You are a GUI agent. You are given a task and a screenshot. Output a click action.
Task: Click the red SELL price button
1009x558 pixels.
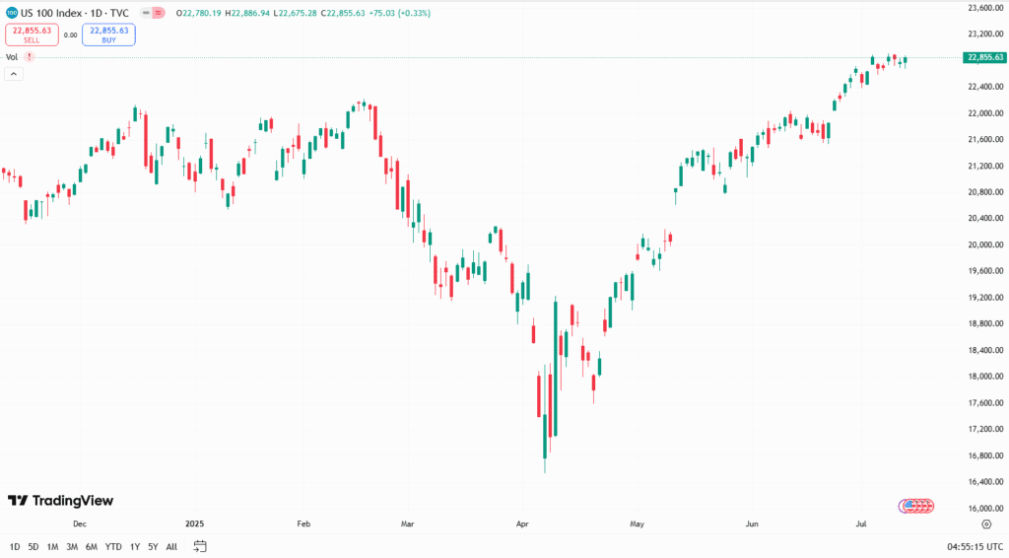click(31, 35)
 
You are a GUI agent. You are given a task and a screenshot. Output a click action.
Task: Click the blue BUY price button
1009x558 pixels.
click(109, 35)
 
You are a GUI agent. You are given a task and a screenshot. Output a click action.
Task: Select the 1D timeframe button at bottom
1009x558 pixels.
click(15, 546)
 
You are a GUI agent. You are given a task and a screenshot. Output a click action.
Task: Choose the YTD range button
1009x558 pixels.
click(113, 546)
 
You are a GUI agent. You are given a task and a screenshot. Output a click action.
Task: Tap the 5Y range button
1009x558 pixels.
click(153, 546)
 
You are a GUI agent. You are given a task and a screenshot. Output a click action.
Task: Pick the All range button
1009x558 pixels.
click(171, 546)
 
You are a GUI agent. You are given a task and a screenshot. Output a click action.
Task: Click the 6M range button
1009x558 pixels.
click(91, 546)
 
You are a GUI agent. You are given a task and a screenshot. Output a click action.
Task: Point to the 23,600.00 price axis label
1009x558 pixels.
click(985, 8)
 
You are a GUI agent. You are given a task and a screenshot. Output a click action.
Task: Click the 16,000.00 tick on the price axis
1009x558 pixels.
click(985, 509)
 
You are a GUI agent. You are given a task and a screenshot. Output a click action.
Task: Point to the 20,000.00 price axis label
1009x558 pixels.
click(985, 244)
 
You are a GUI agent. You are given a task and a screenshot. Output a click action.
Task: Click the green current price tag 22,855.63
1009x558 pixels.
click(985, 58)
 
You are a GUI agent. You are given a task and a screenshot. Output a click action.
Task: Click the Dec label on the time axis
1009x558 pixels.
click(80, 524)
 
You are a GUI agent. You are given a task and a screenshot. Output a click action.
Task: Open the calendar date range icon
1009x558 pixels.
click(200, 546)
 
